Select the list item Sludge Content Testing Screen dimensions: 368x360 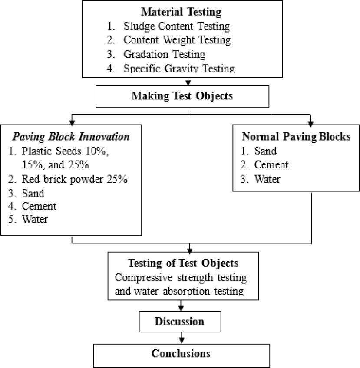pos(176,26)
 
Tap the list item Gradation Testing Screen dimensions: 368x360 pos(164,54)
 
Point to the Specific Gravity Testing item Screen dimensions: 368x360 pos(179,68)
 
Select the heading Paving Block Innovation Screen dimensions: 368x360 pos(71,137)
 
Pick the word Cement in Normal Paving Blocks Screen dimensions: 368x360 pos(271,165)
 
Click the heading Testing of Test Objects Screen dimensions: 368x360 pos(182,263)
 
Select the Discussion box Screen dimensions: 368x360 pos(180,322)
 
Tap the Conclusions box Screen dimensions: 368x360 pos(181,353)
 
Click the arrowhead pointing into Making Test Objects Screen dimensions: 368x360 pos(188,83)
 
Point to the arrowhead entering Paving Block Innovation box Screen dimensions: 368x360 pos(71,122)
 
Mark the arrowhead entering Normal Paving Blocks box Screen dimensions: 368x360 pos(310,122)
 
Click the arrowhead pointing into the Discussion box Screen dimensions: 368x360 pos(180,309)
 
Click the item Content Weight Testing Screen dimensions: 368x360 pos(177,40)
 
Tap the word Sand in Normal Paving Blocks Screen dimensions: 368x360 pos(265,151)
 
